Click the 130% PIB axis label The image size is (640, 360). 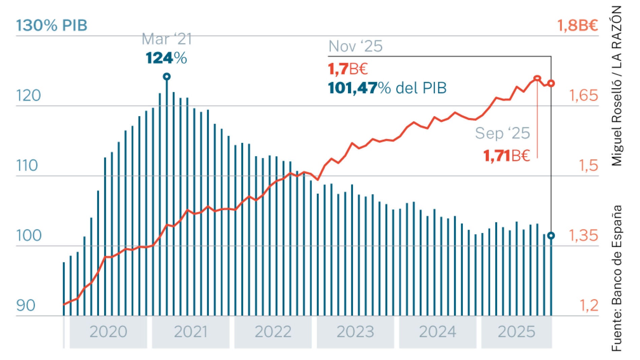pyautogui.click(x=52, y=25)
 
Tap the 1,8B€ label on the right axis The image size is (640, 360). pyautogui.click(x=577, y=26)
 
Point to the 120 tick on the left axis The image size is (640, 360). pyautogui.click(x=29, y=96)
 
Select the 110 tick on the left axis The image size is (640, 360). pyautogui.click(x=27, y=166)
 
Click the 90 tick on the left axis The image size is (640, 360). pyautogui.click(x=26, y=305)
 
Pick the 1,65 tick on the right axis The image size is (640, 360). pyautogui.click(x=583, y=96)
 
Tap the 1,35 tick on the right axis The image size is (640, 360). pyautogui.click(x=583, y=235)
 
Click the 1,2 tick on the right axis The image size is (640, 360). pyautogui.click(x=589, y=305)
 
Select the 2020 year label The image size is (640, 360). pyautogui.click(x=108, y=332)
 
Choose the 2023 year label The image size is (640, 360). pyautogui.click(x=355, y=332)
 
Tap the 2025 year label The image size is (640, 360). pyautogui.click(x=516, y=332)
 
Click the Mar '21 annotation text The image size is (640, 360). pyautogui.click(x=167, y=39)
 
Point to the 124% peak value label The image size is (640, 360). pyautogui.click(x=166, y=58)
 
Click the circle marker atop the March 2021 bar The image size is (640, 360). pyautogui.click(x=167, y=76)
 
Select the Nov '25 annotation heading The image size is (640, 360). pyautogui.click(x=355, y=46)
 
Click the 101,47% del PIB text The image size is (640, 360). pyautogui.click(x=387, y=88)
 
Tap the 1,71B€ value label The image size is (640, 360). pyautogui.click(x=507, y=156)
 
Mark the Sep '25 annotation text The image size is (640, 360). pyautogui.click(x=502, y=133)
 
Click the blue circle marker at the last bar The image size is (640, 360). pyautogui.click(x=551, y=236)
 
